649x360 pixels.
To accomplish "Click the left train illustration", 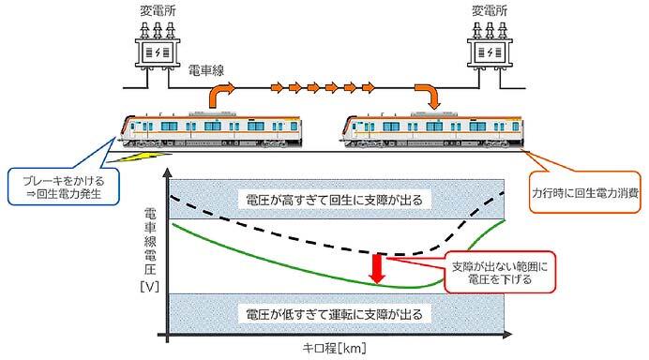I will click(217, 128).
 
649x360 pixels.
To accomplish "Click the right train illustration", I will click(432, 128).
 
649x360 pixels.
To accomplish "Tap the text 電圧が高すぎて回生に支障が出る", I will click(335, 200).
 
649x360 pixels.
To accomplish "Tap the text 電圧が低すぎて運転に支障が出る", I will click(335, 312).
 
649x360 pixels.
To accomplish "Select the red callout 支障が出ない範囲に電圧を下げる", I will click(490, 271).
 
